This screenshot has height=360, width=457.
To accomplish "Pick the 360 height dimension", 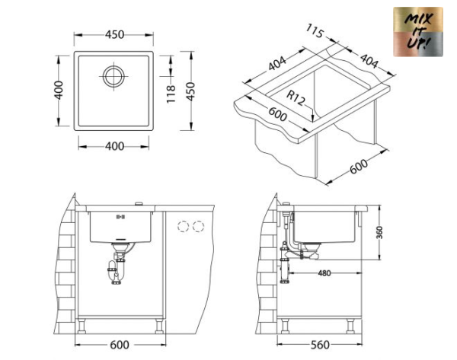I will tap(379, 232).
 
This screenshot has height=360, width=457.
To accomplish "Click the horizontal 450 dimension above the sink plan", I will tap(114, 35).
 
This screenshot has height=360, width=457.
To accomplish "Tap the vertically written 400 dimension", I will tap(58, 94).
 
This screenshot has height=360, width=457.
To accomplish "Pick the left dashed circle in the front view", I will tap(182, 225).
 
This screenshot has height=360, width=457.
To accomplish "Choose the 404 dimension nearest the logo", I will tap(369, 60).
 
